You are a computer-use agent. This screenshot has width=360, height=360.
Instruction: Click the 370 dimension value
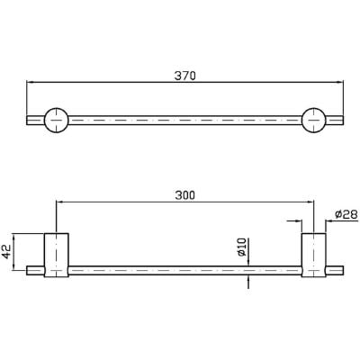184,76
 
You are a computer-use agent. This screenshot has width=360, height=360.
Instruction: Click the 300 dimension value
184,195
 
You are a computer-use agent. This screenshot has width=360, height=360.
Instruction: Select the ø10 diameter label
241,247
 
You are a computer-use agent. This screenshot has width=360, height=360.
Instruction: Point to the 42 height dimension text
5,251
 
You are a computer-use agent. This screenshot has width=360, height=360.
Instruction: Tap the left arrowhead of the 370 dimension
31,82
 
